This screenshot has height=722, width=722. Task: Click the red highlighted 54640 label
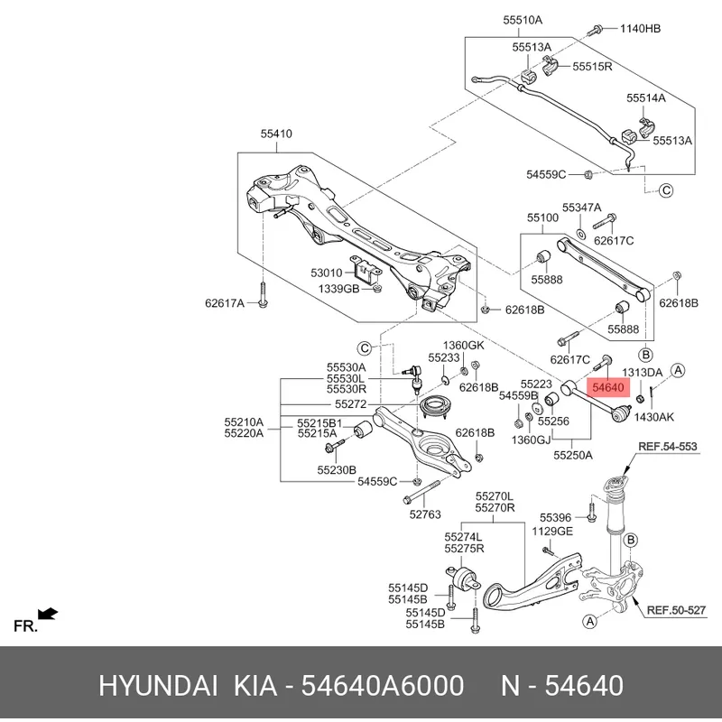pyautogui.click(x=607, y=387)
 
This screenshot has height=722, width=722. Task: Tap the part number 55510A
pyautogui.click(x=522, y=20)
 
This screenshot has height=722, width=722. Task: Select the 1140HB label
pyautogui.click(x=640, y=29)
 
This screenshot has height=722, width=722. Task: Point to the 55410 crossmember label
pyautogui.click(x=277, y=134)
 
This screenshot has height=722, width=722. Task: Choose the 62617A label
pyautogui.click(x=224, y=303)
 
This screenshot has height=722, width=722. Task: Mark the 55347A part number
pyautogui.click(x=581, y=208)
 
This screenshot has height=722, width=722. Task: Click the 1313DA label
pyautogui.click(x=643, y=372)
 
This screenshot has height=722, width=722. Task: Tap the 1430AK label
pyautogui.click(x=653, y=416)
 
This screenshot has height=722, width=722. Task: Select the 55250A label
pyautogui.click(x=571, y=455)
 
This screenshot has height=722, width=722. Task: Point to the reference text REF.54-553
pyautogui.click(x=668, y=447)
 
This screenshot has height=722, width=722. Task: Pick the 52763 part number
pyautogui.click(x=425, y=515)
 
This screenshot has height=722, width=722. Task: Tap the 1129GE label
pyautogui.click(x=551, y=532)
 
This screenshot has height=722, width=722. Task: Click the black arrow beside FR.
pyautogui.click(x=49, y=615)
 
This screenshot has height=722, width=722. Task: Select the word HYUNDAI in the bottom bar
pyautogui.click(x=157, y=686)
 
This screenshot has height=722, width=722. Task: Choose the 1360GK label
pyautogui.click(x=463, y=346)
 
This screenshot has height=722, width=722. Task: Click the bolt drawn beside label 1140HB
pyautogui.click(x=597, y=30)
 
